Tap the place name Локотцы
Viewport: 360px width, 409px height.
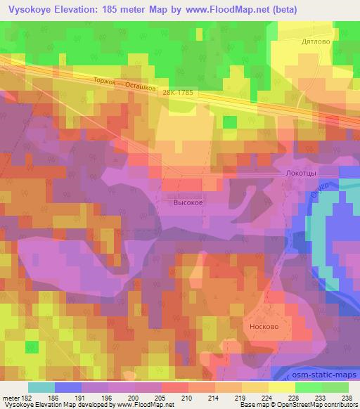point(303,170)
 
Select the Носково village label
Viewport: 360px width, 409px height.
point(265,327)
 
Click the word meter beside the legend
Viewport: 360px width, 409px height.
point(12,397)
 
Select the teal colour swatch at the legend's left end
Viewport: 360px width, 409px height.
point(41,387)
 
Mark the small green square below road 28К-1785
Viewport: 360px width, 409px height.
point(229,122)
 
